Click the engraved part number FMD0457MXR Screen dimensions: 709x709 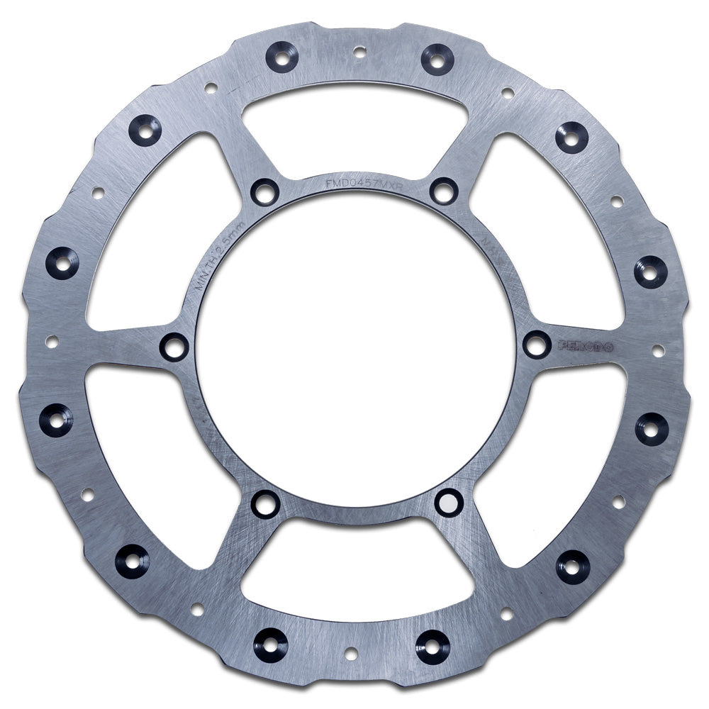pos(354,182)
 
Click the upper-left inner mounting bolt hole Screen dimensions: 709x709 pos(265,191)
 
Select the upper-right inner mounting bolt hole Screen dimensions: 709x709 pos(444,191)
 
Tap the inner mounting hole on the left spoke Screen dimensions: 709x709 pos(174,347)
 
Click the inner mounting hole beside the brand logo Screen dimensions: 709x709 pos(537,345)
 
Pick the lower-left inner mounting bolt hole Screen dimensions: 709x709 pos(265,503)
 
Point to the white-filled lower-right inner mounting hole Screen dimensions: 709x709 pos(448,502)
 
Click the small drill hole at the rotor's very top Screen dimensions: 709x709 pos(359,51)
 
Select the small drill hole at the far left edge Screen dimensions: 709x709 pos(51,342)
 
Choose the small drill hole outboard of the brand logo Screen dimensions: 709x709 pos(658,350)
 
